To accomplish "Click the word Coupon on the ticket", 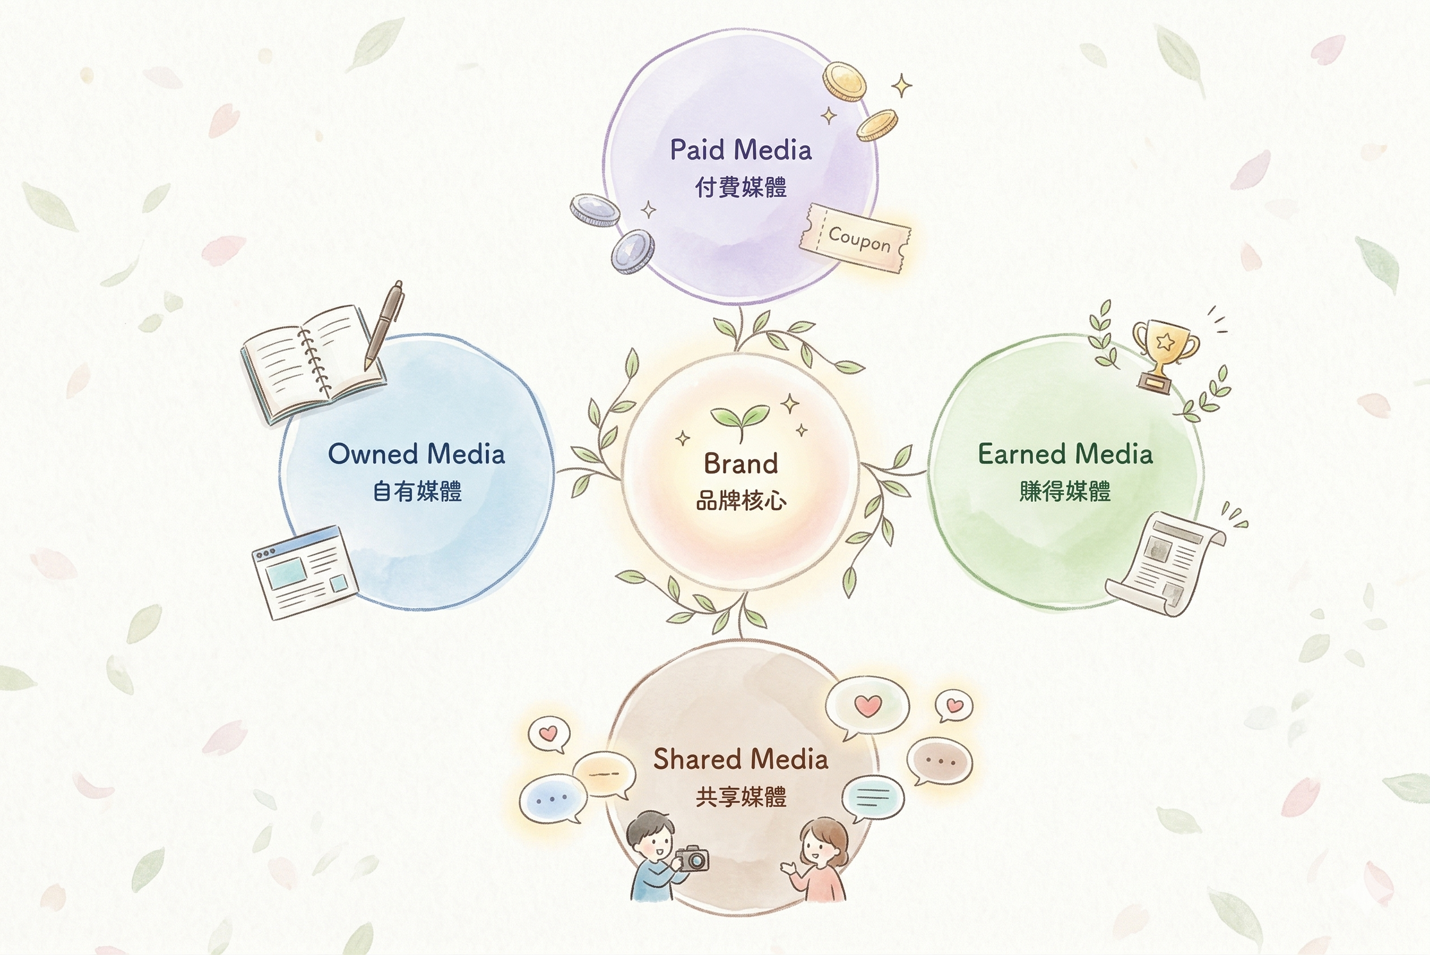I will click(x=859, y=239).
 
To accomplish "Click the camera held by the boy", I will click(x=693, y=859).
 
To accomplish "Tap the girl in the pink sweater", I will click(x=819, y=862).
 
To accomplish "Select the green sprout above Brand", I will click(x=740, y=419).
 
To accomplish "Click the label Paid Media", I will click(x=741, y=150).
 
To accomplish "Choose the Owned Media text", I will click(x=416, y=454).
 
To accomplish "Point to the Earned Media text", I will click(x=1065, y=454).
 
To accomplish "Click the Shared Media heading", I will click(x=740, y=759).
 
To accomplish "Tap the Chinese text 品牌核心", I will click(x=741, y=501).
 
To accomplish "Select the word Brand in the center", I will click(x=741, y=464).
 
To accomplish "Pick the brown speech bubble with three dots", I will click(x=940, y=762).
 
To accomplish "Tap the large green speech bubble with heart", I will click(x=868, y=707).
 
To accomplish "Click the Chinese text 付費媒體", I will click(x=741, y=187).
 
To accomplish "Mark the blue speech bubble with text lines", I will click(x=872, y=796).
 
